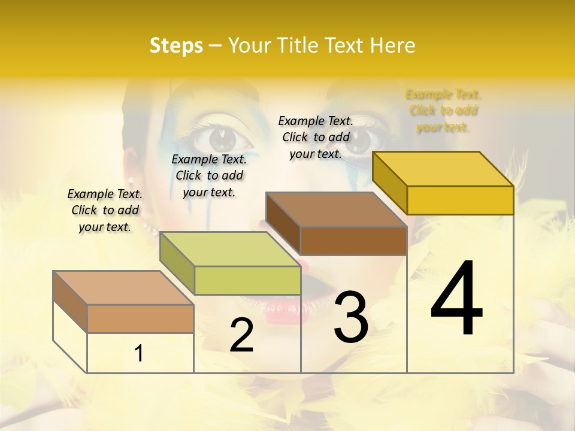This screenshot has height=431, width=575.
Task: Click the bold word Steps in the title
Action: point(176,45)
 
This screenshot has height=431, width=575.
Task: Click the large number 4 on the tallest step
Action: point(456,299)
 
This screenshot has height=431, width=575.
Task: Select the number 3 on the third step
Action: point(350,317)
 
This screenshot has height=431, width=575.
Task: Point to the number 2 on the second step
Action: point(241,335)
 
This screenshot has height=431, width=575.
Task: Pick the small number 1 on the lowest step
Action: point(139,354)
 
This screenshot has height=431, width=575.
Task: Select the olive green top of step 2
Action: point(230,249)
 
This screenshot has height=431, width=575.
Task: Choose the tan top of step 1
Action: point(123,288)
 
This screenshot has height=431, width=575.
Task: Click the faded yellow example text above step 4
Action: point(443,111)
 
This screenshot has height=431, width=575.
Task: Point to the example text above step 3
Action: point(316,137)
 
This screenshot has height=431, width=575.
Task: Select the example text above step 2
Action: point(209,175)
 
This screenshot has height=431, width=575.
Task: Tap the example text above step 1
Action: point(105,210)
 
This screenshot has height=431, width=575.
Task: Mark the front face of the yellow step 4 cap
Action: point(460,200)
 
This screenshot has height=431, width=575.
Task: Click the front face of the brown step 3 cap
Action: point(353,241)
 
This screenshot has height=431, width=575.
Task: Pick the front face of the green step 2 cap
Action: point(247,280)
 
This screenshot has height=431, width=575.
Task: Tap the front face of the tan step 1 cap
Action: point(140,318)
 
